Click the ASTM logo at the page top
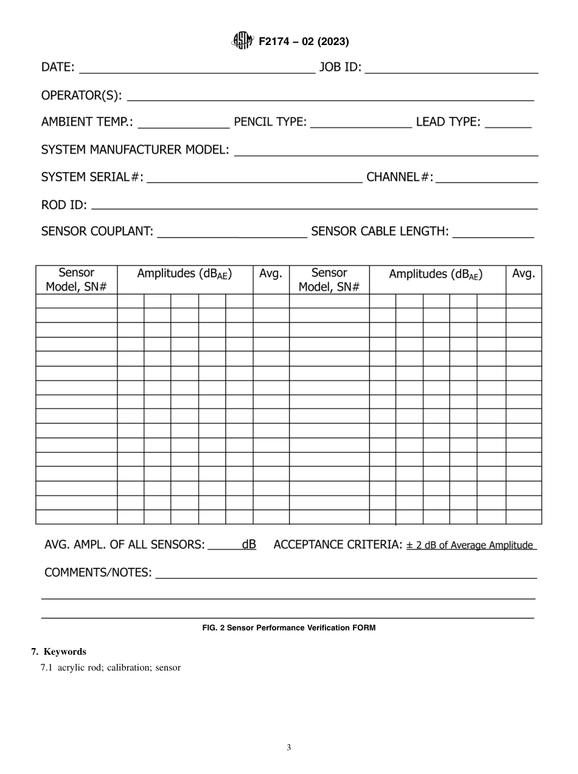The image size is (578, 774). pos(242,41)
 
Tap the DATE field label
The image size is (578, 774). pos(58,67)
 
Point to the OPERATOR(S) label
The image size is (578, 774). pos(81,96)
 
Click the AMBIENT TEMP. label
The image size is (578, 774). pos(87,122)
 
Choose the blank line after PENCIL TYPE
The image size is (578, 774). pos(361,124)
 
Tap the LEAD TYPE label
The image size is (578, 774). pos(448,122)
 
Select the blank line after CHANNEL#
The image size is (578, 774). pos(487,179)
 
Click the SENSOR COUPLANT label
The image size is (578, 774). pos(96,231)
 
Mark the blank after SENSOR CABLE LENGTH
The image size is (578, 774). pos(493,234)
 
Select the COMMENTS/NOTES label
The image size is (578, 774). pos(98,573)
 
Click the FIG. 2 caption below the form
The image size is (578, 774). pos(288,628)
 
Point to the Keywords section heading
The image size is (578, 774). pos(58,652)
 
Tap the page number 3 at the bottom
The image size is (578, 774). pos(288,748)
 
